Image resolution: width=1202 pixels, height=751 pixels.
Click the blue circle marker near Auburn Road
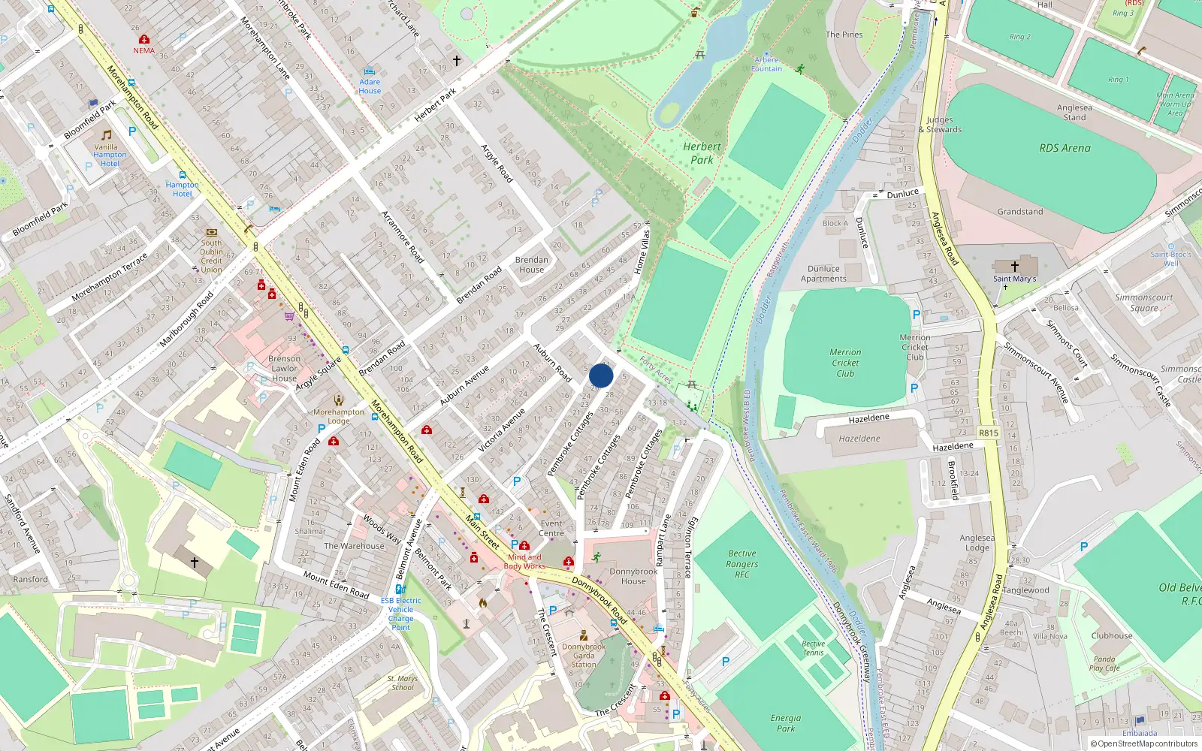(x=601, y=375)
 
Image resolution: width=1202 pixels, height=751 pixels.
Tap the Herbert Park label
(x=702, y=153)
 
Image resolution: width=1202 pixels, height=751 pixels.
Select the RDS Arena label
(x=1064, y=148)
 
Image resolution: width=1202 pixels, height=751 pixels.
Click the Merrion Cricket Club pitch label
(x=845, y=363)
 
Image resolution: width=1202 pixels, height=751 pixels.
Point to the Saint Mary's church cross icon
(x=1014, y=267)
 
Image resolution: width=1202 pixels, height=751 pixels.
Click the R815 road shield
(x=988, y=433)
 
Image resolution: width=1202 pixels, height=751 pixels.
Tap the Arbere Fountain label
(x=766, y=64)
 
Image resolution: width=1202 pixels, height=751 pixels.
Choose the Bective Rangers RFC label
(x=741, y=564)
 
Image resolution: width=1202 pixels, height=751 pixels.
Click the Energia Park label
(x=785, y=723)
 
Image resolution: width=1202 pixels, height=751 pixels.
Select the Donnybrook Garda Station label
(x=584, y=655)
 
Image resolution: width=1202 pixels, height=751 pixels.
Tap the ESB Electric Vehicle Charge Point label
(x=400, y=614)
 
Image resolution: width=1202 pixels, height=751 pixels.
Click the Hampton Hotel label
(x=183, y=189)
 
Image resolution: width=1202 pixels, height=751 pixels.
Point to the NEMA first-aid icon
(x=144, y=39)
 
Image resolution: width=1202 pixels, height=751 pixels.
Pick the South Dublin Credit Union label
(x=211, y=256)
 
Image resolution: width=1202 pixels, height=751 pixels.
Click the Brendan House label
(x=531, y=264)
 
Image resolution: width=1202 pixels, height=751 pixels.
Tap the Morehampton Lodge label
(x=338, y=416)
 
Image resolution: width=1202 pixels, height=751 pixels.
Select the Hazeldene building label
(x=859, y=439)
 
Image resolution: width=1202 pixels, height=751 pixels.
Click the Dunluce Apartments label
(x=823, y=273)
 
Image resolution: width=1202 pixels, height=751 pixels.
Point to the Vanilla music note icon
(x=107, y=135)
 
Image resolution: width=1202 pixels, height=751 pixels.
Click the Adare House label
(x=370, y=86)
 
